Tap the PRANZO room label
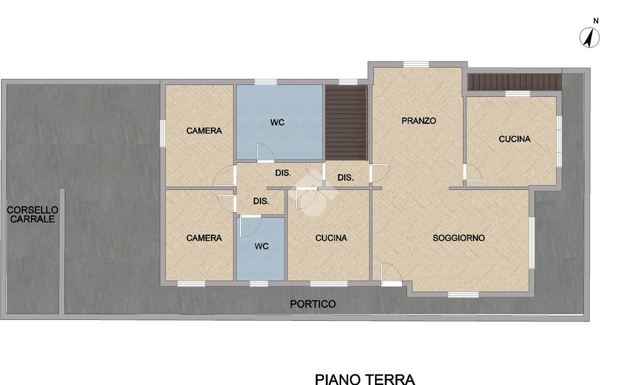[418, 121]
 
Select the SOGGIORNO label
[459, 238]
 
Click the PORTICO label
[312, 304]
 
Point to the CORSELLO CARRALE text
[32, 215]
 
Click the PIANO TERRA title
[365, 379]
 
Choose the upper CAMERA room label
[204, 131]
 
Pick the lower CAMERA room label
[204, 238]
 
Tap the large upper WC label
[277, 122]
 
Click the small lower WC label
[261, 246]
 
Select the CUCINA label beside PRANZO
[514, 139]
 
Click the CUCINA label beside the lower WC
[331, 238]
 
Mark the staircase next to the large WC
[346, 123]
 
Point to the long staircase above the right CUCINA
[514, 82]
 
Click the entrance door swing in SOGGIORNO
[391, 275]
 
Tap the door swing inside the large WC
[265, 153]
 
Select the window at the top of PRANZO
[416, 65]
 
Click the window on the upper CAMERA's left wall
[163, 133]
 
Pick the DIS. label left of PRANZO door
[345, 178]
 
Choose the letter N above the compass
[596, 21]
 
